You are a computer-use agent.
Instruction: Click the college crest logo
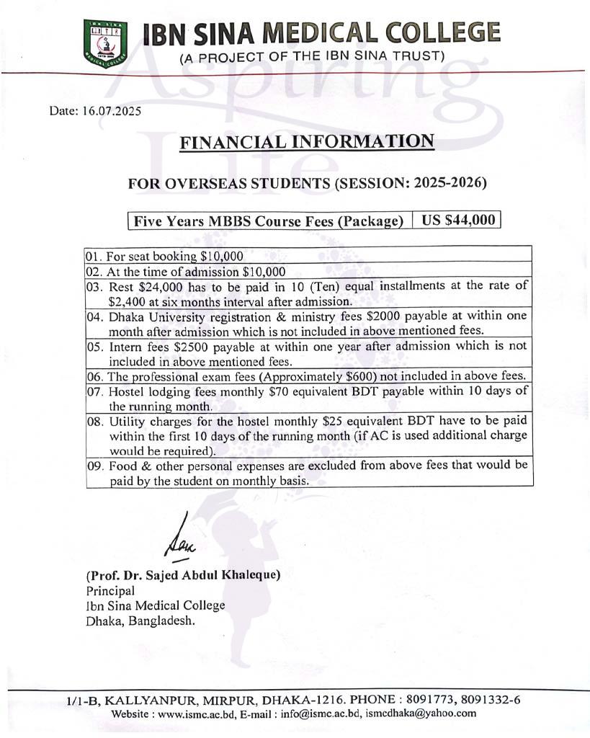104,43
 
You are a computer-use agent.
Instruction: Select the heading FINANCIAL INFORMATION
307,141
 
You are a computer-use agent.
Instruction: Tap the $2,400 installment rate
128,302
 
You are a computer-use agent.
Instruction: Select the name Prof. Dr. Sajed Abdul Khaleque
183,575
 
